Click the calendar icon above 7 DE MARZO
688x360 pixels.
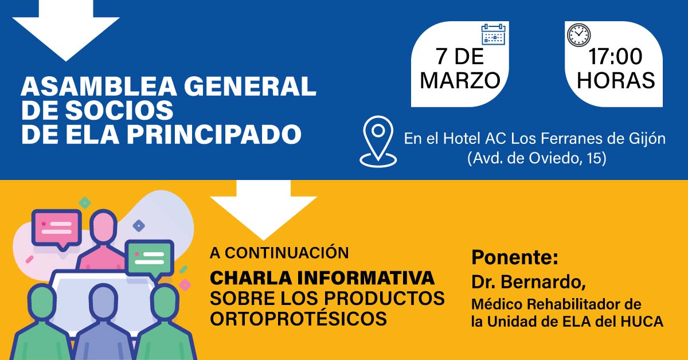tap(493, 34)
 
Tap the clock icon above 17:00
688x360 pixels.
tap(578, 34)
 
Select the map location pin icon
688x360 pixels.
tap(378, 141)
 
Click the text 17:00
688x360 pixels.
tap(615, 58)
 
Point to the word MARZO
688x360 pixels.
tap(460, 81)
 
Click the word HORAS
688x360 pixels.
tap(616, 81)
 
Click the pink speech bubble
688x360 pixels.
tap(56, 227)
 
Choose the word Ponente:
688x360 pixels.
tap(514, 257)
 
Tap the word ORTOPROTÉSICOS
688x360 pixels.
tap(298, 319)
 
